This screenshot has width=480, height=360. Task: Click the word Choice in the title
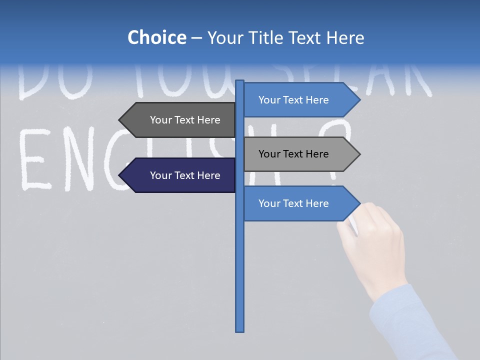(x=156, y=37)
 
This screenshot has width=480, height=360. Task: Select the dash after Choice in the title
(x=196, y=38)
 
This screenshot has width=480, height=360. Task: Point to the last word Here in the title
(x=345, y=37)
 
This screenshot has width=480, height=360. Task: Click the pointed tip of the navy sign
(x=120, y=175)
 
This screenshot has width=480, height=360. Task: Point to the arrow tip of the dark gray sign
(x=120, y=120)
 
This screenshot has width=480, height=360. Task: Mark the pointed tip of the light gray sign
(x=358, y=154)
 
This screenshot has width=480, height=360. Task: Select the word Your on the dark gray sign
(x=161, y=120)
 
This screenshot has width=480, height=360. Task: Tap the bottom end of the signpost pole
(x=240, y=329)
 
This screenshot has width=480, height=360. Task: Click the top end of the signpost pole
(x=240, y=82)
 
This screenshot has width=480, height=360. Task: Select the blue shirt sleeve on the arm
(x=410, y=325)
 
